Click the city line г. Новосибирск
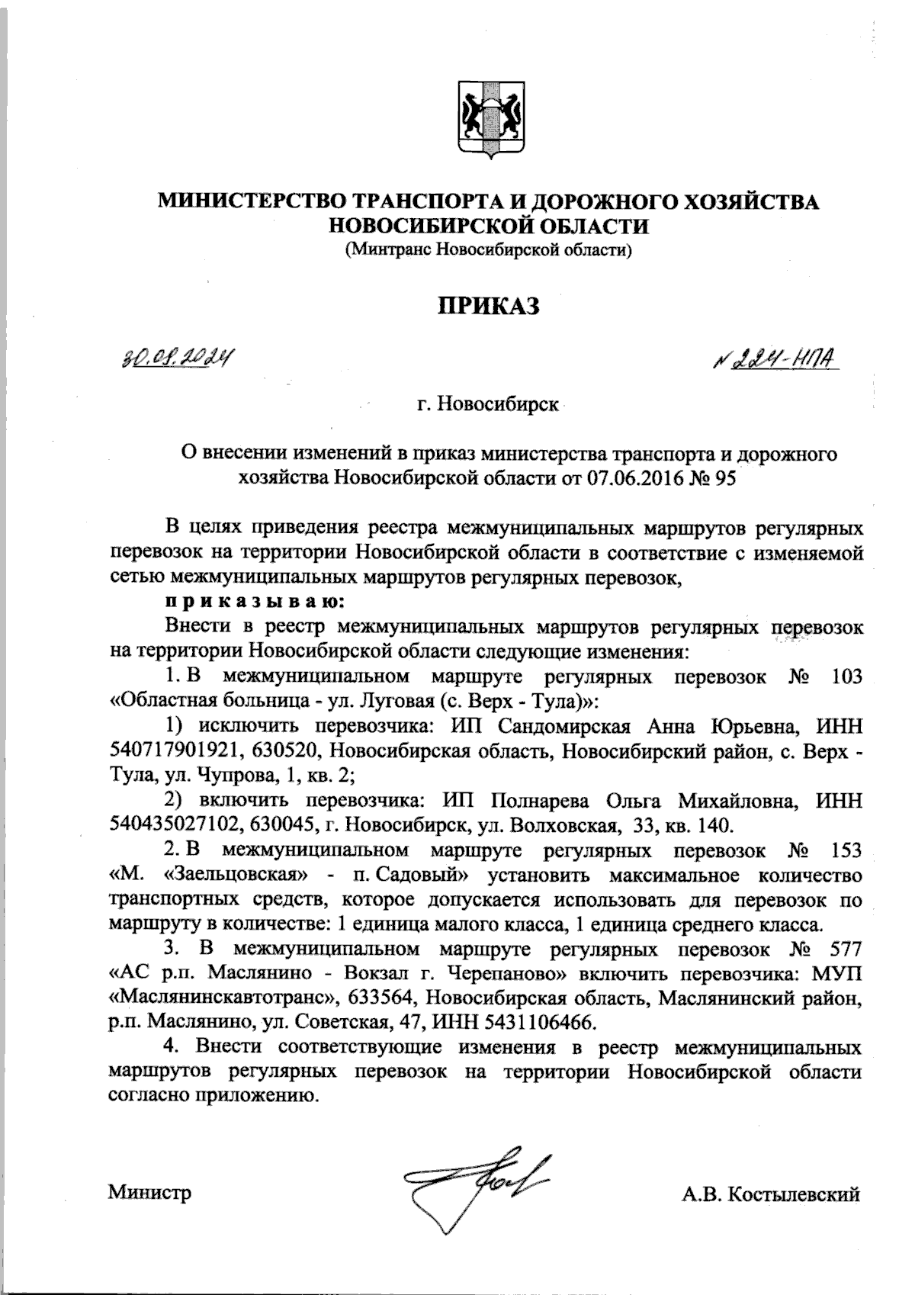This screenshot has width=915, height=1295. tap(487, 402)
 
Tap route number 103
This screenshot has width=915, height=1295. tap(848, 676)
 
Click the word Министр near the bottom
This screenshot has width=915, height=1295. tap(149, 1192)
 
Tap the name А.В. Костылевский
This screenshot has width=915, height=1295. tap(772, 1194)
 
